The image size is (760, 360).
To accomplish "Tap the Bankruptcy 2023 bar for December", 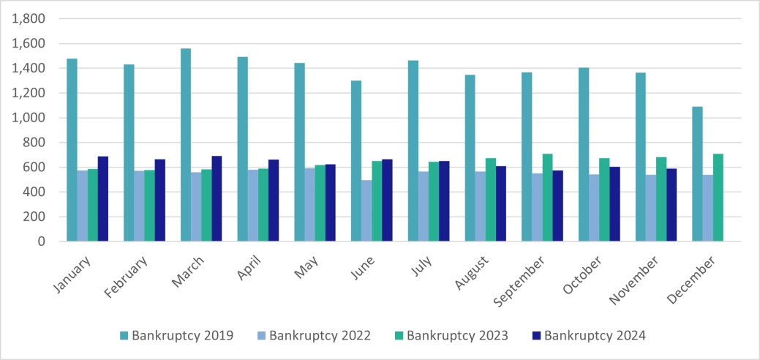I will coord(718,198).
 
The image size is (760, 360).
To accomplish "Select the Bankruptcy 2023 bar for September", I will coord(548,198).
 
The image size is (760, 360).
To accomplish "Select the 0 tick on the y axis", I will coord(39,241).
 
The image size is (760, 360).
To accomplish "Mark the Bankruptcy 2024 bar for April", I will coord(274,200).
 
